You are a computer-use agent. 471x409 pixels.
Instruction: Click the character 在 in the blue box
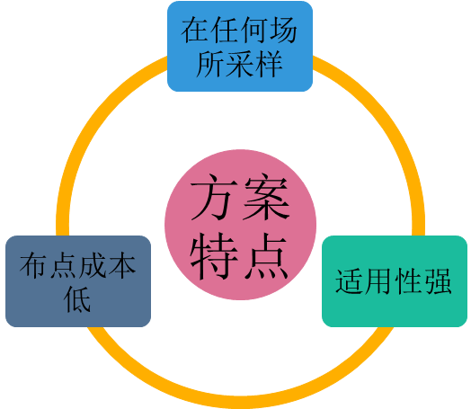pos(195,30)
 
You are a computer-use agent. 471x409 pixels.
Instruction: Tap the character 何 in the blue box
pos(254,30)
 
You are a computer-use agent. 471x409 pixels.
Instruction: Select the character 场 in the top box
pos(283,30)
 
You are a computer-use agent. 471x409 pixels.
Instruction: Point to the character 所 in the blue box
pos(210,64)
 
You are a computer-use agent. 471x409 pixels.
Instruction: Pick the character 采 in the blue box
pos(239,64)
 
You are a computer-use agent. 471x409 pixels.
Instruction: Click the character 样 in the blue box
pos(269,64)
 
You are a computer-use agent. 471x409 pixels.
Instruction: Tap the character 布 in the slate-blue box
pos(33,265)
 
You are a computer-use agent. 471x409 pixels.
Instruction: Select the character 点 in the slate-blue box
pos(63,265)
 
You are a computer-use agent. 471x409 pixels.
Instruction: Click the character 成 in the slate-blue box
pos(93,265)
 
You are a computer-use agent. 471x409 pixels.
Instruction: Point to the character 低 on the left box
pos(77,298)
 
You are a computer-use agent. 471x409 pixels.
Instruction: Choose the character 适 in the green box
pos(350,281)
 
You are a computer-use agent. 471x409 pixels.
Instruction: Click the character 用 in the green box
pos(379,281)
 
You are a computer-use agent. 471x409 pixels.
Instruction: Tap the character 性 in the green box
pos(408,281)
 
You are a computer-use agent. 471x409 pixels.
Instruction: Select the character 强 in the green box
pos(438,281)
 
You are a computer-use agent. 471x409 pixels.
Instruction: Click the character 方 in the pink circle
pos(211,197)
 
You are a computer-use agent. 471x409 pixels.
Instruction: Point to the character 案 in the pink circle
pos(267,197)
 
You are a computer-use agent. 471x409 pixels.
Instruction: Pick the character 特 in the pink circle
pos(213,256)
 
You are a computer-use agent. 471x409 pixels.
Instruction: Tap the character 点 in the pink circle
pos(267,256)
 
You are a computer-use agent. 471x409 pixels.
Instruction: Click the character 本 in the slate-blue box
pos(122,265)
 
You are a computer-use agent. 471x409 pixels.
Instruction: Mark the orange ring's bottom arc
pos(240,402)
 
